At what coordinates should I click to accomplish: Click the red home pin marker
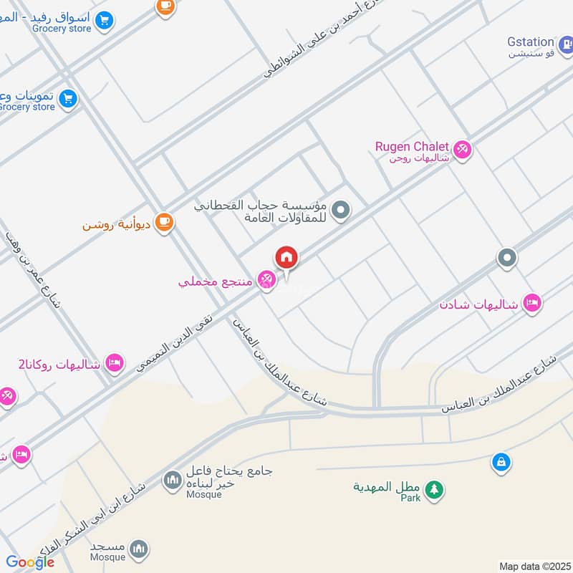(286, 257)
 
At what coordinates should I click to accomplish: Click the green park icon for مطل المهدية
(433, 490)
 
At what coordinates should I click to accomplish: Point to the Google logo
(30, 562)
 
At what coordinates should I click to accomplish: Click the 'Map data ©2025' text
(534, 566)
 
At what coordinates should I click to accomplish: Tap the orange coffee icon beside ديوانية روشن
(165, 222)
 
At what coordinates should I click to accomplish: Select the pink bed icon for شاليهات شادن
(532, 303)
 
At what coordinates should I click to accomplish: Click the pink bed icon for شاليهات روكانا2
(114, 363)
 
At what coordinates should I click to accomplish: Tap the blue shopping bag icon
(501, 462)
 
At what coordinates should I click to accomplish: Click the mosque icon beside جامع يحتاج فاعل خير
(173, 480)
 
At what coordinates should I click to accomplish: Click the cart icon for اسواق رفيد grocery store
(105, 19)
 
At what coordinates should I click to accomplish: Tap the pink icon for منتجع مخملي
(266, 279)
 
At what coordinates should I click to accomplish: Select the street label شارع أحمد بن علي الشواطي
(322, 43)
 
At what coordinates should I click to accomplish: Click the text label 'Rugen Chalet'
(412, 146)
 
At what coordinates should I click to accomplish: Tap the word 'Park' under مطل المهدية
(410, 498)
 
